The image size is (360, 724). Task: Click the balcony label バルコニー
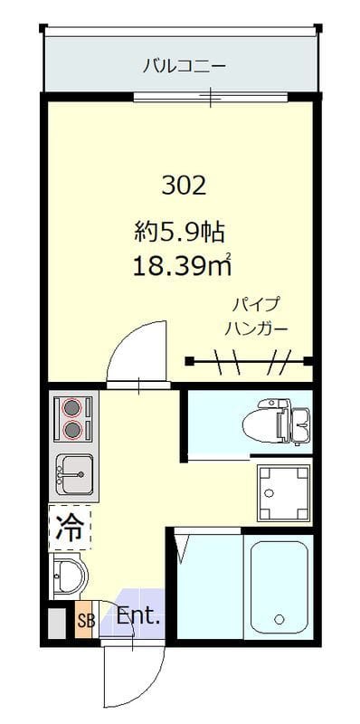pos(184,65)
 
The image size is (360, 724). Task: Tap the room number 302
pos(185,186)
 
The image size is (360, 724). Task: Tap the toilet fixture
pos(277,421)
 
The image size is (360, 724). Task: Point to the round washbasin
pos(67,575)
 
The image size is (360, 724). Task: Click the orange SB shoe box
pos(85,621)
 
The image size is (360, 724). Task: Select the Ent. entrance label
pos(138,619)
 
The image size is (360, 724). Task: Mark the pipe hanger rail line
pos(249,363)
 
